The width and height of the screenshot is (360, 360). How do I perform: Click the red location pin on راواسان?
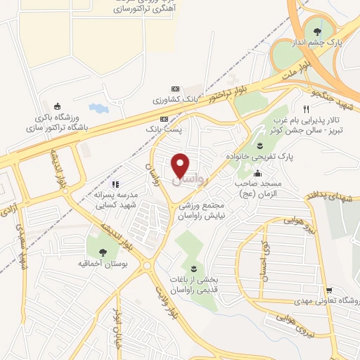(x=181, y=165)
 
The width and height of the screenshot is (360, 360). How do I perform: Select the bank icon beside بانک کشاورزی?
(x=165, y=101)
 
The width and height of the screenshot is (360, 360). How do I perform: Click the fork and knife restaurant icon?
(x=305, y=109)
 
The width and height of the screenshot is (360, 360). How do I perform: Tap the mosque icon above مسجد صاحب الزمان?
(x=258, y=173)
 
